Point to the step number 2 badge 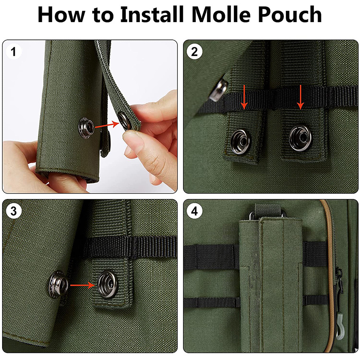pyautogui.click(x=195, y=53)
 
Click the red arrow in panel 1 pyautogui.click(x=106, y=125)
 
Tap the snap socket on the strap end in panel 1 pyautogui.click(x=125, y=120)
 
